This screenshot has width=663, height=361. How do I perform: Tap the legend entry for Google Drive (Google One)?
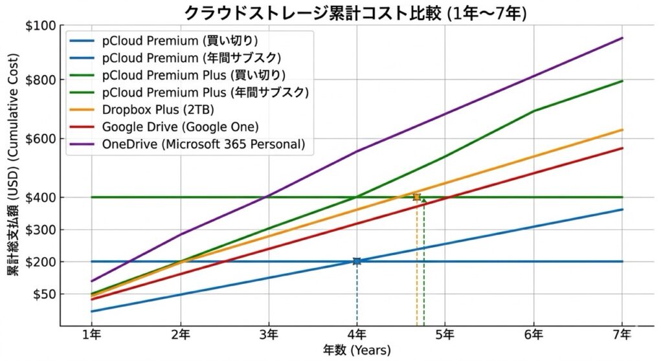(x=181, y=126)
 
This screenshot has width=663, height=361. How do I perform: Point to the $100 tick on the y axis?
(x=41, y=26)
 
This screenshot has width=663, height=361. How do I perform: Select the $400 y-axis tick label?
(x=41, y=197)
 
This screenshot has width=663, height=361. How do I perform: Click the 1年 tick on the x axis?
(x=91, y=334)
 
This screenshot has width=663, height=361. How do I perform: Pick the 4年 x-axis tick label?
(x=357, y=334)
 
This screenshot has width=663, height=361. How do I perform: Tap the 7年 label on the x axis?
(x=622, y=334)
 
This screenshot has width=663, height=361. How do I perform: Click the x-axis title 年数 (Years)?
(x=357, y=350)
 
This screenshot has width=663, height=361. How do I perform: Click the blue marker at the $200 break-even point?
(x=357, y=261)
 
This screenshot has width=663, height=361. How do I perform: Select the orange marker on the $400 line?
(x=416, y=197)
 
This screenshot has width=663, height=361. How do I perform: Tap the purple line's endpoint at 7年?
(x=622, y=38)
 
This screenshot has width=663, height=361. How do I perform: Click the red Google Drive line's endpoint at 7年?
(x=622, y=148)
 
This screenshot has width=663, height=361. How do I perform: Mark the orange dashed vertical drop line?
(x=416, y=272)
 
